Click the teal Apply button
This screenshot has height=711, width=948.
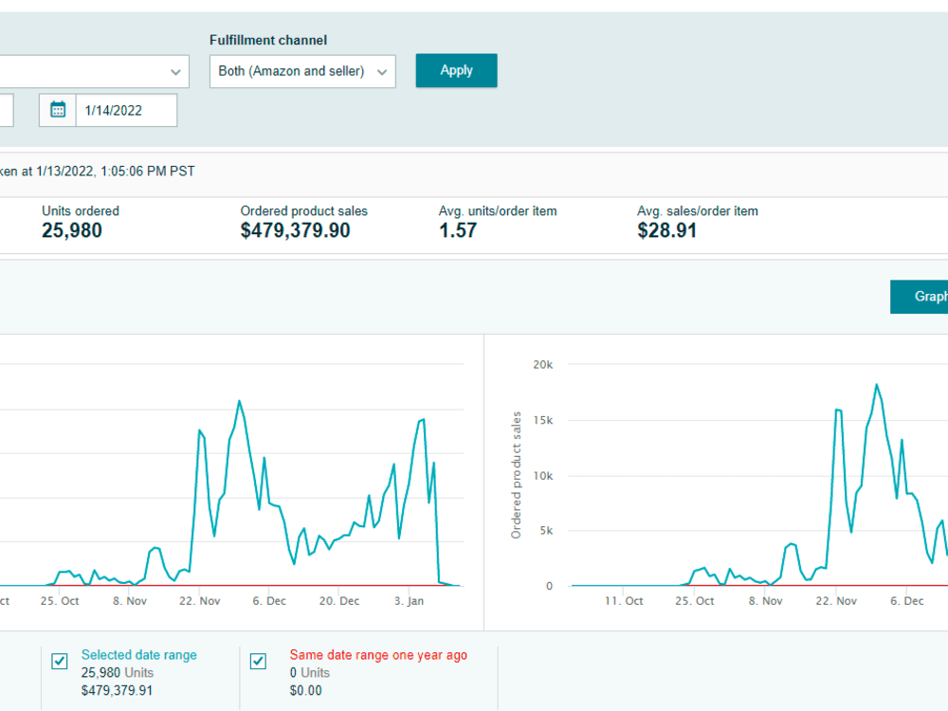pos(457,71)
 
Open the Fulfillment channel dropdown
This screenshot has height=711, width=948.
pos(302,71)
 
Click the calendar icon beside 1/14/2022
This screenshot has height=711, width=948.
pos(58,110)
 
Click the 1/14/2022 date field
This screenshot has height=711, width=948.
pos(126,110)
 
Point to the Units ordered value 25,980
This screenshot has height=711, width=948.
pos(72,230)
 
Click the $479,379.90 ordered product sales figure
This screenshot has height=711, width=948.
pos(295,230)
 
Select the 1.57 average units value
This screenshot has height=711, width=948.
pos(458,230)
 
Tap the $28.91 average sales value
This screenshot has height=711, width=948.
pos(666,230)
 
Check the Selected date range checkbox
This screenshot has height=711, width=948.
pos(59,662)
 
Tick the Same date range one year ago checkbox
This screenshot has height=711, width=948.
pos(258,662)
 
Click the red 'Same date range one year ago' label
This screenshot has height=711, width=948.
pos(378,655)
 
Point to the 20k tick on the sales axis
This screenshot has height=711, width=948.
pos(543,365)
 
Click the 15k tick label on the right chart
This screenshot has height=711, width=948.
pos(543,420)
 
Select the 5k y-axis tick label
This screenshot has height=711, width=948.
pos(546,531)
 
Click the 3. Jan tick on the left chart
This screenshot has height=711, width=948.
pos(410,601)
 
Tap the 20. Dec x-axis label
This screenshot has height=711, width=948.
pos(339,601)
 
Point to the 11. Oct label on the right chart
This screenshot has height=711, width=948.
pos(624,601)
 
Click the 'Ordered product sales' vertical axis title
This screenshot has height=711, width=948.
pos(516,475)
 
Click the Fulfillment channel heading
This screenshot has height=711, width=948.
pos(268,40)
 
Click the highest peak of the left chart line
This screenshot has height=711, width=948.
pos(240,401)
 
